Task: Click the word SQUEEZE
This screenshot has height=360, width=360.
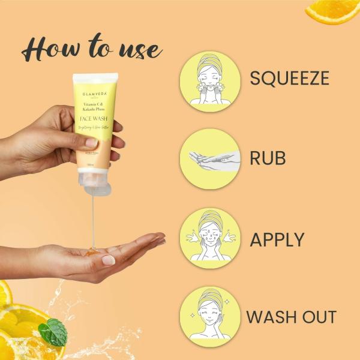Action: tap(290, 78)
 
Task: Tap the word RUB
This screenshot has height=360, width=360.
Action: tap(268, 158)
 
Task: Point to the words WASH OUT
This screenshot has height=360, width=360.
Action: tap(292, 317)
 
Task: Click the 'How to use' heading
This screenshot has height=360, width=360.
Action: tap(91, 49)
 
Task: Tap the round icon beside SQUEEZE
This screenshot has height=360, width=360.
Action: tap(209, 81)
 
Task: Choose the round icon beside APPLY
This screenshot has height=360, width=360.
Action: tap(209, 238)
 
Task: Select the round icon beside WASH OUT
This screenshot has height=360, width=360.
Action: tap(209, 316)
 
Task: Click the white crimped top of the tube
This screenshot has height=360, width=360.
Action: tap(96, 79)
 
